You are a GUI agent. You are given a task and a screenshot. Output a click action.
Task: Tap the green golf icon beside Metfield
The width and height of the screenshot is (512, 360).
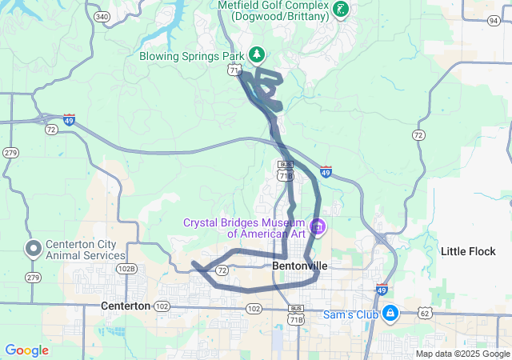(x=342, y=10)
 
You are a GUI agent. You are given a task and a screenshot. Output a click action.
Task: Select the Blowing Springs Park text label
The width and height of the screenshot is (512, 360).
(x=191, y=56)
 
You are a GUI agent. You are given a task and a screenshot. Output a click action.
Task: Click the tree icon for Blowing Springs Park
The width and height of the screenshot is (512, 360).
(x=257, y=54)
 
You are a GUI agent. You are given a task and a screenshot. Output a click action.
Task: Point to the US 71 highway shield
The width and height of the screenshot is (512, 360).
(x=233, y=70)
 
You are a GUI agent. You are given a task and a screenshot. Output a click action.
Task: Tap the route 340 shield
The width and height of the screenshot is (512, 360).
(x=102, y=16)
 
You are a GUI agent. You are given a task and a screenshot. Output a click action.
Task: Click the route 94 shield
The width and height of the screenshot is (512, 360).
(x=493, y=20)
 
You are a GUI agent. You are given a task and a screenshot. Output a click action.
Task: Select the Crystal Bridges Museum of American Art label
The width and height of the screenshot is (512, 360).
(x=244, y=228)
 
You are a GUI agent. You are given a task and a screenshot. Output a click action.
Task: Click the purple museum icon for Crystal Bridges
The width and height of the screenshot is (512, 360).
(x=318, y=227)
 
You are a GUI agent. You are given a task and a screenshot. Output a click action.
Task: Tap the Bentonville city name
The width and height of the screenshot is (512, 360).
(x=301, y=265)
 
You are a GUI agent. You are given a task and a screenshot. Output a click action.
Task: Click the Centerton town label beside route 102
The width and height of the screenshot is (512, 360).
(x=126, y=306)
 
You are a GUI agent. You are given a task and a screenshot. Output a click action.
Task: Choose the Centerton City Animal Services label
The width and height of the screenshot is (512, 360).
(x=80, y=250)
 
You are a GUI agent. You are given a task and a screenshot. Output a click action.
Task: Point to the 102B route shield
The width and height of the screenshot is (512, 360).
(x=126, y=269)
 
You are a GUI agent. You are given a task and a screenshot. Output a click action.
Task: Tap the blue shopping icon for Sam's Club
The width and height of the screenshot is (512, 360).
(x=390, y=313)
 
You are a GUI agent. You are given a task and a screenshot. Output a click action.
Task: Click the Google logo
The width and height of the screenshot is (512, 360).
(x=26, y=350)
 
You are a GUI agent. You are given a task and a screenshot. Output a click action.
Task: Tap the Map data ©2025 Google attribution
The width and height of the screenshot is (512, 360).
(x=462, y=354)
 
